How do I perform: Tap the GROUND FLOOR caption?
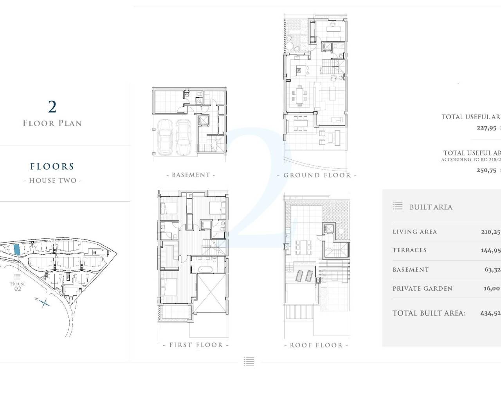tap(317, 175)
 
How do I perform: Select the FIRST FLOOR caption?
tap(195, 345)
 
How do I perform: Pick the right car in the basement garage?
tap(183, 136)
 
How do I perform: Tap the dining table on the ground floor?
tap(299, 95)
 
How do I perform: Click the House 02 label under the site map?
tap(18, 286)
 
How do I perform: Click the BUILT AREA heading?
tap(431, 207)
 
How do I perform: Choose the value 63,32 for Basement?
tap(492, 270)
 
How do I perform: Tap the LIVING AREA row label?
tap(414, 232)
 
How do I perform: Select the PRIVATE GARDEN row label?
tap(422, 289)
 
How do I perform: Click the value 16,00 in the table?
tap(492, 288)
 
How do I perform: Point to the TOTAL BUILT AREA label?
tap(429, 313)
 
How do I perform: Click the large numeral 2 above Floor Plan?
tap(52, 107)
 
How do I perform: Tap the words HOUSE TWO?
tap(52, 180)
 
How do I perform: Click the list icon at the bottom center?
tap(249, 361)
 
